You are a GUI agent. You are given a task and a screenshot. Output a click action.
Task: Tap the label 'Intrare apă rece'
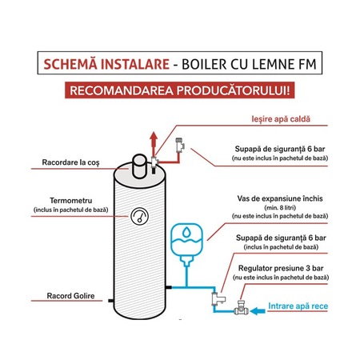point(301,306)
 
